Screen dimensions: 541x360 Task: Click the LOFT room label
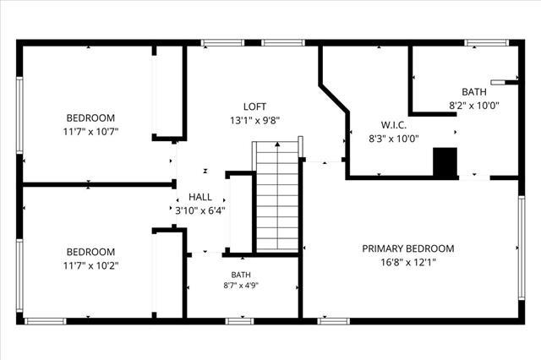pyautogui.click(x=254, y=106)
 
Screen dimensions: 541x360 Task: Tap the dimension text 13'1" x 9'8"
pyautogui.click(x=254, y=121)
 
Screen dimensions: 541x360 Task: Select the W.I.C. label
pyautogui.click(x=393, y=125)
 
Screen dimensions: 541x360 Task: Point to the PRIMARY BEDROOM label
pyautogui.click(x=408, y=248)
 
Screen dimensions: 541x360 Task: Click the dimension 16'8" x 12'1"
pyautogui.click(x=408, y=263)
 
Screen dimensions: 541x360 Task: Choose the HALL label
pyautogui.click(x=200, y=197)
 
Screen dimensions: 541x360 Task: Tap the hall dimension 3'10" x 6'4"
pyautogui.click(x=200, y=210)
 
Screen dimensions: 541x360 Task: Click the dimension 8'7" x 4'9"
pyautogui.click(x=241, y=286)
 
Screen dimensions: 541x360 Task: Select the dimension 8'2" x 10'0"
pyautogui.click(x=474, y=106)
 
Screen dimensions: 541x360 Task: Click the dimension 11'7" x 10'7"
pyautogui.click(x=90, y=132)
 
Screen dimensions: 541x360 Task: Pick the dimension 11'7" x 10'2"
pyautogui.click(x=90, y=266)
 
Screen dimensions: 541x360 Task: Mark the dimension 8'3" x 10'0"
pyautogui.click(x=394, y=139)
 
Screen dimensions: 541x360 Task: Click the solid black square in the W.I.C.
pyautogui.click(x=445, y=162)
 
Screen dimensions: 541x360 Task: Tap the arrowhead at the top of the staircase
pyautogui.click(x=277, y=145)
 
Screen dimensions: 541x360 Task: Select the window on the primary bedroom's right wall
pyautogui.click(x=522, y=248)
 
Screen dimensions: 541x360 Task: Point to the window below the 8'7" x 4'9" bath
pyautogui.click(x=239, y=321)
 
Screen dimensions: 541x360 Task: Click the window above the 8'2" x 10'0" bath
pyautogui.click(x=487, y=43)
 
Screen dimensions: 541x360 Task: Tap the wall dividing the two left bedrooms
pyautogui.click(x=99, y=184)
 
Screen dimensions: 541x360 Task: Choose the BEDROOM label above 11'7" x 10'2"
pyautogui.click(x=90, y=252)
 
